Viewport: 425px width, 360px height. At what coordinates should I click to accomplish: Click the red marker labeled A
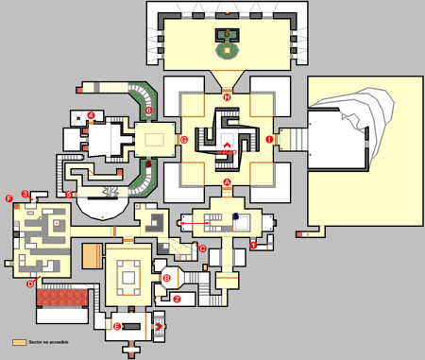pyautogui.click(x=227, y=181)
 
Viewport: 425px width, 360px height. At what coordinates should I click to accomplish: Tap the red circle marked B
pyautogui.click(x=167, y=278)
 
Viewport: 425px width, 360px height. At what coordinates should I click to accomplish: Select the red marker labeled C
pyautogui.click(x=201, y=249)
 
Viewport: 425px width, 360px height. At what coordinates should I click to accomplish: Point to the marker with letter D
pyautogui.click(x=30, y=283)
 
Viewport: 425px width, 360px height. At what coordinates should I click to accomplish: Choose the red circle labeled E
pyautogui.click(x=116, y=326)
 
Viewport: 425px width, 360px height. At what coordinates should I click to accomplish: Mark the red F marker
pyautogui.click(x=8, y=198)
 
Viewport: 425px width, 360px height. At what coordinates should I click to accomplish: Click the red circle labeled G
pyautogui.click(x=184, y=141)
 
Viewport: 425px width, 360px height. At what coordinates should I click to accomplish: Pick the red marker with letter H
pyautogui.click(x=227, y=96)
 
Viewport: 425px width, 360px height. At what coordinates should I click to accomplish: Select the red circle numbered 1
pyautogui.click(x=253, y=245)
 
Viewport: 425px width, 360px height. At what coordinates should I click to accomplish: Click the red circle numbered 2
pyautogui.click(x=177, y=300)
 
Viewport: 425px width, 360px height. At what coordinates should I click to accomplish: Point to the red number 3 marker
pyautogui.click(x=25, y=194)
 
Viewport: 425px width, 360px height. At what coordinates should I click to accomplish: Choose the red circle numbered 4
pyautogui.click(x=92, y=115)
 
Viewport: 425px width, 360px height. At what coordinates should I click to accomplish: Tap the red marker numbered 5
pyautogui.click(x=70, y=195)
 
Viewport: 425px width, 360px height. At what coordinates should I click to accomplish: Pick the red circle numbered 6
pyautogui.click(x=148, y=111)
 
